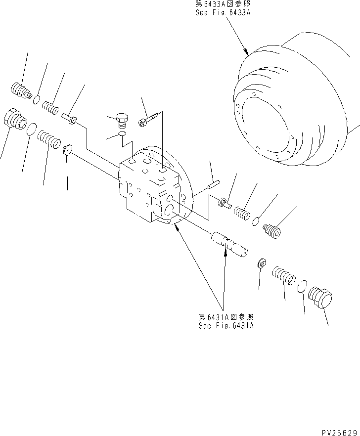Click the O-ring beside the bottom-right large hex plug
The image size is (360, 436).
point(303,287)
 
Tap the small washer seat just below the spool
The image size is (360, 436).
point(262,263)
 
